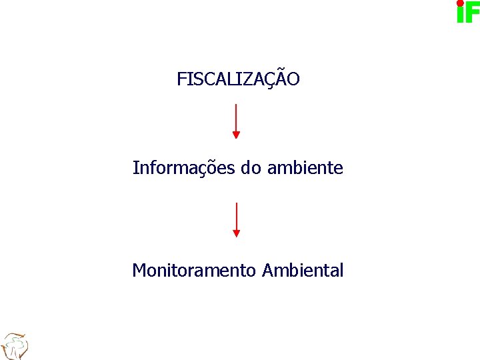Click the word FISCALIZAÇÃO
238,79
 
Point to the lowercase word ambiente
305,168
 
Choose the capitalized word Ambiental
303,271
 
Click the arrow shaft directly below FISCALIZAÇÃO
236,117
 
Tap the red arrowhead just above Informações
236,135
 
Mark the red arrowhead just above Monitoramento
236,233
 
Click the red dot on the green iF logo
460,3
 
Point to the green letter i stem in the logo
460,15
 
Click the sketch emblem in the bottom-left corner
14,346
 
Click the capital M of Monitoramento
139,271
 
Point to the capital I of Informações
135,168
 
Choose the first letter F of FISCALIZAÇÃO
181,79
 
